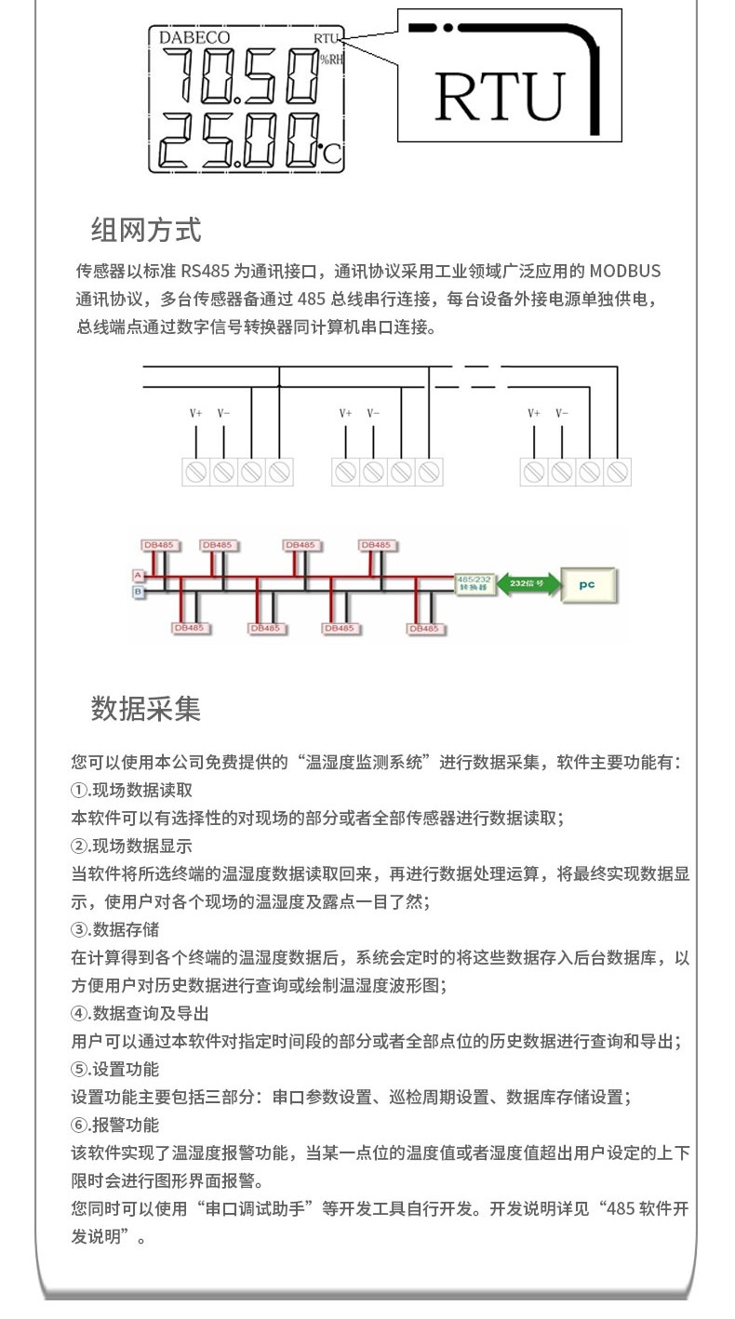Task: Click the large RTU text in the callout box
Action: coord(500,96)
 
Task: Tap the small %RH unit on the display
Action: coord(331,60)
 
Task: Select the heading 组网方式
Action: coord(146,229)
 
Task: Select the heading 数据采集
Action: coord(146,709)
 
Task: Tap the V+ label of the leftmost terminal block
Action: coord(195,413)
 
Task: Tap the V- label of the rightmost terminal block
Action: coord(562,413)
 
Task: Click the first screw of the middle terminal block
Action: coord(345,472)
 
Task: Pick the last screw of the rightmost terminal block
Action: coord(617,472)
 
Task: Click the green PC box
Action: coord(587,585)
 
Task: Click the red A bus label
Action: coord(137,577)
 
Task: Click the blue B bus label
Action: coord(137,591)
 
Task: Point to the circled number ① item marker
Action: coord(79,791)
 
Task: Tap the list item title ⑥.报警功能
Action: coord(115,1126)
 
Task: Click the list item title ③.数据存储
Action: coord(115,930)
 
